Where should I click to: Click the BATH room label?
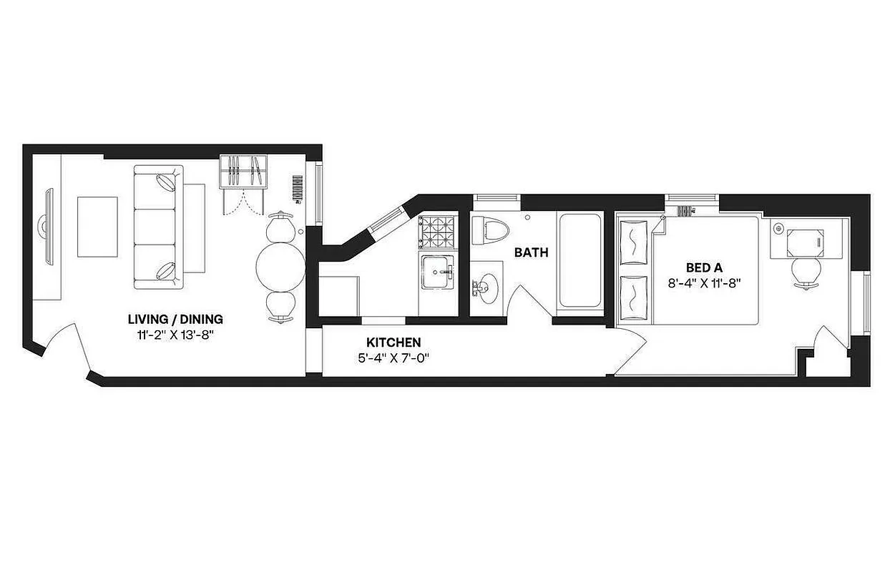coord(531,252)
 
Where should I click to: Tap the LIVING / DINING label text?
coord(175,319)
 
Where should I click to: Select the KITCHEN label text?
coord(393,342)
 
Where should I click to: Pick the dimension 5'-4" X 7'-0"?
coord(393,357)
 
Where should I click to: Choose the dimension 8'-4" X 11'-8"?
coord(703,282)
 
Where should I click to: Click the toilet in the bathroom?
coord(489,229)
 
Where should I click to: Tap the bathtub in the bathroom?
coord(580,261)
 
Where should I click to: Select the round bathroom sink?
coord(486,289)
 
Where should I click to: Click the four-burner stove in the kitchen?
coord(437,230)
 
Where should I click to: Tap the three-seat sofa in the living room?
coord(159,227)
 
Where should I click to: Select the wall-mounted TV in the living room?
coord(49,227)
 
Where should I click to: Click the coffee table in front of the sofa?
coord(97,227)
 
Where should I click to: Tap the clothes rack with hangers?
coord(243,171)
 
